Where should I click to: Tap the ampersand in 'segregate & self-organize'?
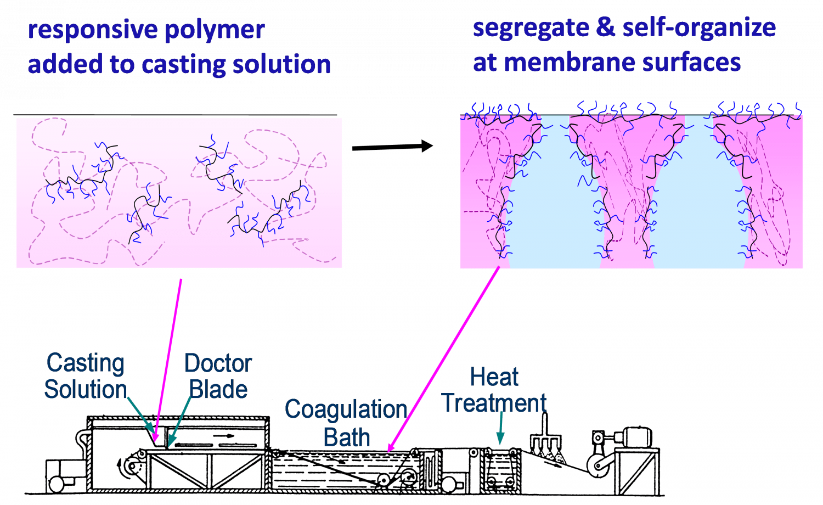(605, 27)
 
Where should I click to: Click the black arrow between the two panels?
(392, 147)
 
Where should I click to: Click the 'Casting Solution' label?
(86, 377)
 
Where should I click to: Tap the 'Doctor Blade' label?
(218, 377)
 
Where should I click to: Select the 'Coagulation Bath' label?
(346, 423)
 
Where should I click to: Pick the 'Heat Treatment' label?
(494, 390)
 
